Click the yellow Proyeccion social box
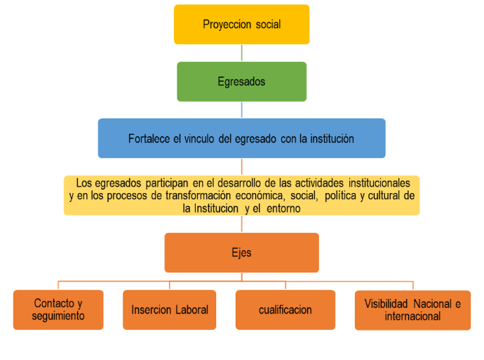point(241,25)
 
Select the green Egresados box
point(241,81)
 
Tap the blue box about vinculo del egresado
point(241,138)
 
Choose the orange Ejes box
point(241,253)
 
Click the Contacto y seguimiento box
point(58,309)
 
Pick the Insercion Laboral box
point(170,309)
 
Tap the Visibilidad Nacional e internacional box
point(412,309)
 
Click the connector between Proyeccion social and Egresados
point(241,53)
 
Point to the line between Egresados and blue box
point(241,109)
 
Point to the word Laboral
point(189,309)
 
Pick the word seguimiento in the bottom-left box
point(58,316)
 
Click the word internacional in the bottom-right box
point(412,316)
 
